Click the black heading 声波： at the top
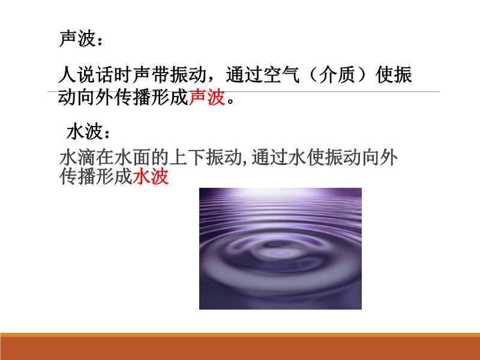[x=81, y=39]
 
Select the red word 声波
[x=207, y=97]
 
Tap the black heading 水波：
[x=88, y=132]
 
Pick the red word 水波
[x=151, y=176]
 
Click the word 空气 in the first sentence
[x=281, y=74]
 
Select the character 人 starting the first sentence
[x=67, y=74]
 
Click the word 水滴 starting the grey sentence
[x=77, y=158]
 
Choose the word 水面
[x=133, y=158]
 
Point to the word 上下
[x=187, y=158]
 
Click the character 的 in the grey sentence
[x=160, y=158]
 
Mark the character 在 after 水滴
[x=105, y=158]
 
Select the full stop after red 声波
[x=231, y=101]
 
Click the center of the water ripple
[x=277, y=253]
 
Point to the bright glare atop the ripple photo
[x=280, y=193]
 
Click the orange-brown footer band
[x=240, y=347]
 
